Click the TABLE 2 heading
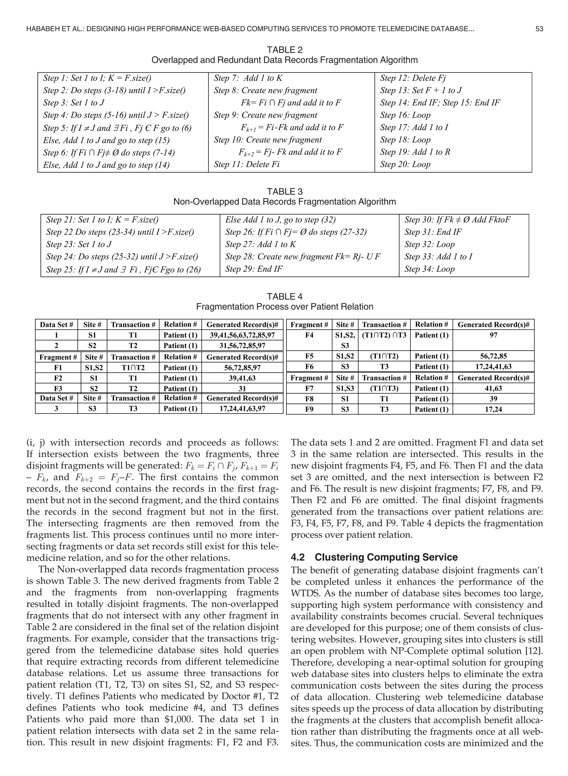284,50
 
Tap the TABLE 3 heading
284,192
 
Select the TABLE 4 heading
284,296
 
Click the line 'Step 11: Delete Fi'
247,164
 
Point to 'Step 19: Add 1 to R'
415,152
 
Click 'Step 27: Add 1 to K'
260,245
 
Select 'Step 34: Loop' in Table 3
429,269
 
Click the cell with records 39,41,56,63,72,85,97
242,335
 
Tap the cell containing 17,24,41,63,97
242,409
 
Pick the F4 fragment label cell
309,335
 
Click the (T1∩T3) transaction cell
384,388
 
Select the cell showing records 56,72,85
493,356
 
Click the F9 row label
309,409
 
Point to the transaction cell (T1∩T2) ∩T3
384,335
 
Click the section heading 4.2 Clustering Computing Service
374,558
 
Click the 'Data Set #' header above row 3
56,398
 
